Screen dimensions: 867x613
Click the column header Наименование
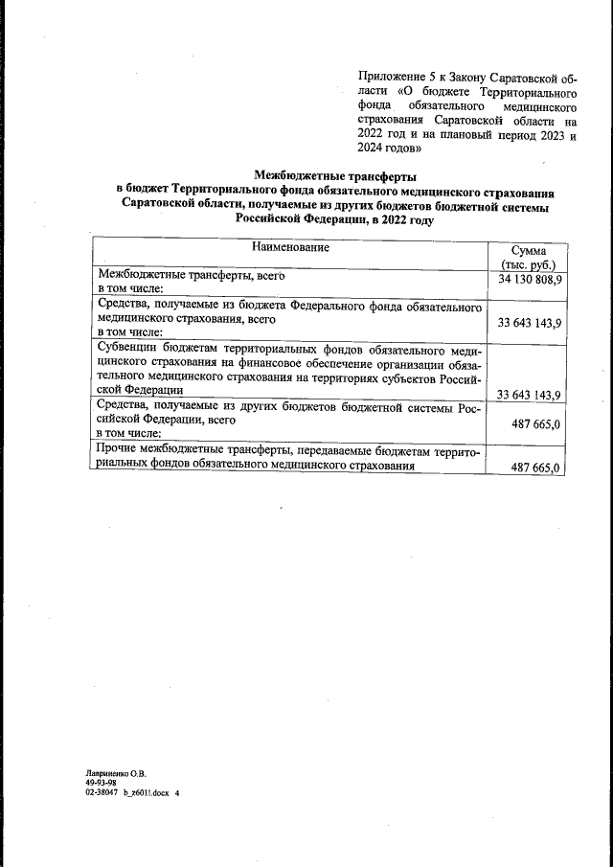point(291,247)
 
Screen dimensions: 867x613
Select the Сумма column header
point(528,249)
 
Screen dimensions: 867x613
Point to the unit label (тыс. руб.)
point(528,263)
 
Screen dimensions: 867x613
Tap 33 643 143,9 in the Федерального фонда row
point(529,324)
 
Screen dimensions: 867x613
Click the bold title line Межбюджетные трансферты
point(334,175)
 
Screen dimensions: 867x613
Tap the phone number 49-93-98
point(101,782)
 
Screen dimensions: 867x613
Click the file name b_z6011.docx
point(145,793)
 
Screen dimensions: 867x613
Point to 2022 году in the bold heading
point(401,219)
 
